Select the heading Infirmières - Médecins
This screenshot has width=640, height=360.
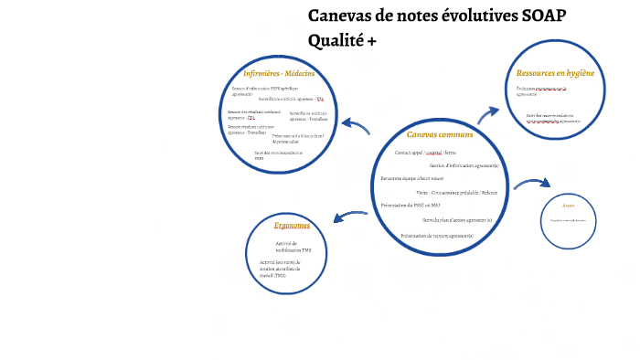(279, 73)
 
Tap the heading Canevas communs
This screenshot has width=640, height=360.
(440, 134)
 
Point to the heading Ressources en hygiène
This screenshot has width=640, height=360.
(555, 72)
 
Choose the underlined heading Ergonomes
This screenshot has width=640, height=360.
(292, 225)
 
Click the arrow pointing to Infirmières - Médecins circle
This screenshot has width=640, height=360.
(355, 129)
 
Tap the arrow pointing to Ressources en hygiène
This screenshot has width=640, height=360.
(488, 113)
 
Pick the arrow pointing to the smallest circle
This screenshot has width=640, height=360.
(530, 184)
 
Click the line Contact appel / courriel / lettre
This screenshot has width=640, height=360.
(425, 153)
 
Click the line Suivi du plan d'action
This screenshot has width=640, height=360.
(456, 220)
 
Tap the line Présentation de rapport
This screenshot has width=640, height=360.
(436, 236)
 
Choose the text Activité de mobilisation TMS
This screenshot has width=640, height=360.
(293, 247)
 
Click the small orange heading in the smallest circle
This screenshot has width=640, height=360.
(568, 206)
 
